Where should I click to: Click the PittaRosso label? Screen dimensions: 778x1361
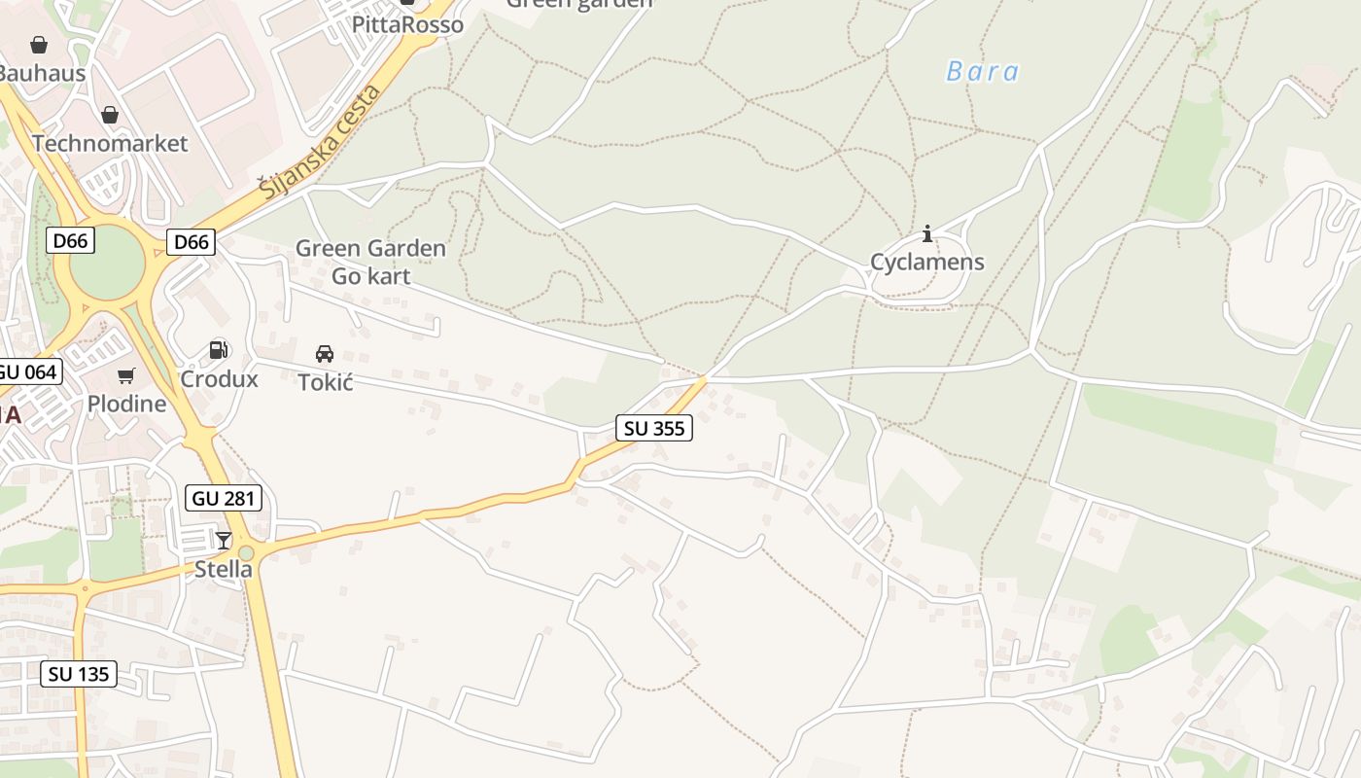(407, 24)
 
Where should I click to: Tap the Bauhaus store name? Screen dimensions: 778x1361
(41, 73)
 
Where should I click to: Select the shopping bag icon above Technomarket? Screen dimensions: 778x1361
(110, 116)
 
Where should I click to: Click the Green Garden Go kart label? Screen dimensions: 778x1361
(370, 262)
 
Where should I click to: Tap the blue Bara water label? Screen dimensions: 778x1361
(982, 71)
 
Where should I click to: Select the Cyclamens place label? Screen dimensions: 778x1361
(926, 262)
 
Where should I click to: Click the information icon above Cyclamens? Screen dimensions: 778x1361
(927, 233)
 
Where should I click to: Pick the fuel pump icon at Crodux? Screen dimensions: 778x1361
(219, 350)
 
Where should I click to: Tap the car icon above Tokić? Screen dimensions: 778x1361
(325, 354)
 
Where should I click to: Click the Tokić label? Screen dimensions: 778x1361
(325, 382)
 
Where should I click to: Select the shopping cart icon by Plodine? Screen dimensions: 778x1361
(125, 375)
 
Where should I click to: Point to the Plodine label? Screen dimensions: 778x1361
(126, 403)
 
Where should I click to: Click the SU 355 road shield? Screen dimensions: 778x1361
(654, 428)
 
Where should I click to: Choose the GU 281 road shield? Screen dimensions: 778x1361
(224, 499)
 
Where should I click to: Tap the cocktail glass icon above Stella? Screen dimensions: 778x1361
(224, 541)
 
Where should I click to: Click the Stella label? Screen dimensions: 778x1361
(224, 569)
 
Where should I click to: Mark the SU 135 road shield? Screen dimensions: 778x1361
(79, 674)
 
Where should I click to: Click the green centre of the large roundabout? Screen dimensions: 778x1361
(107, 263)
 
